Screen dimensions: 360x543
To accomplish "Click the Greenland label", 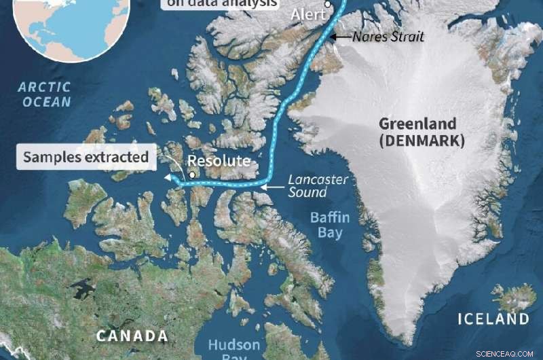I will [421, 125].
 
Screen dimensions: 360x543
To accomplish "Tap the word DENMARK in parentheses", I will [421, 141].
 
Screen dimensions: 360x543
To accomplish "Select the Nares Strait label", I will [389, 37].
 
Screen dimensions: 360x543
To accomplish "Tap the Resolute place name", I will [214, 162].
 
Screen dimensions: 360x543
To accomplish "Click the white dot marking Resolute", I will [193, 175].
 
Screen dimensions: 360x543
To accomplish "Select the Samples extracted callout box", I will [86, 158].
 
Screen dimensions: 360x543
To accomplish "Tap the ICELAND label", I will [493, 319].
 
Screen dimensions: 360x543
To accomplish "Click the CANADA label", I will [132, 336].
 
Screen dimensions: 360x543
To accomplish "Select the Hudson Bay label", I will [233, 348].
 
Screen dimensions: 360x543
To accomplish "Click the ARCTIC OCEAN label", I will [45, 94].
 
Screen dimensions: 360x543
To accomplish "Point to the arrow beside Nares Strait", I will [341, 37].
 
